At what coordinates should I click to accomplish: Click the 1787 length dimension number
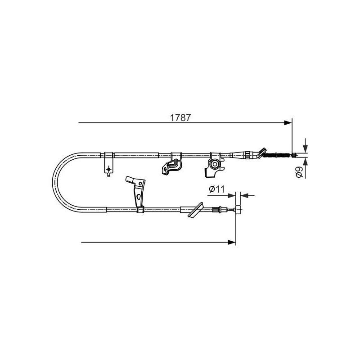180,118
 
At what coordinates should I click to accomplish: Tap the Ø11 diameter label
216,189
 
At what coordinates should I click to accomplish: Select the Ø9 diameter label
299,172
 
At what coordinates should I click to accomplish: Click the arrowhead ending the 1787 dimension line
288,123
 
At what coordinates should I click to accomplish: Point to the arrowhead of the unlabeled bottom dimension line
232,242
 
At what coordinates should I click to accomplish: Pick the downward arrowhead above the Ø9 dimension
306,149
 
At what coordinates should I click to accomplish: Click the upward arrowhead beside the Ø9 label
306,162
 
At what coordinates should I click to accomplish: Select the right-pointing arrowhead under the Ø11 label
232,196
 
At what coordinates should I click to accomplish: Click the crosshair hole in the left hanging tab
108,169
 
